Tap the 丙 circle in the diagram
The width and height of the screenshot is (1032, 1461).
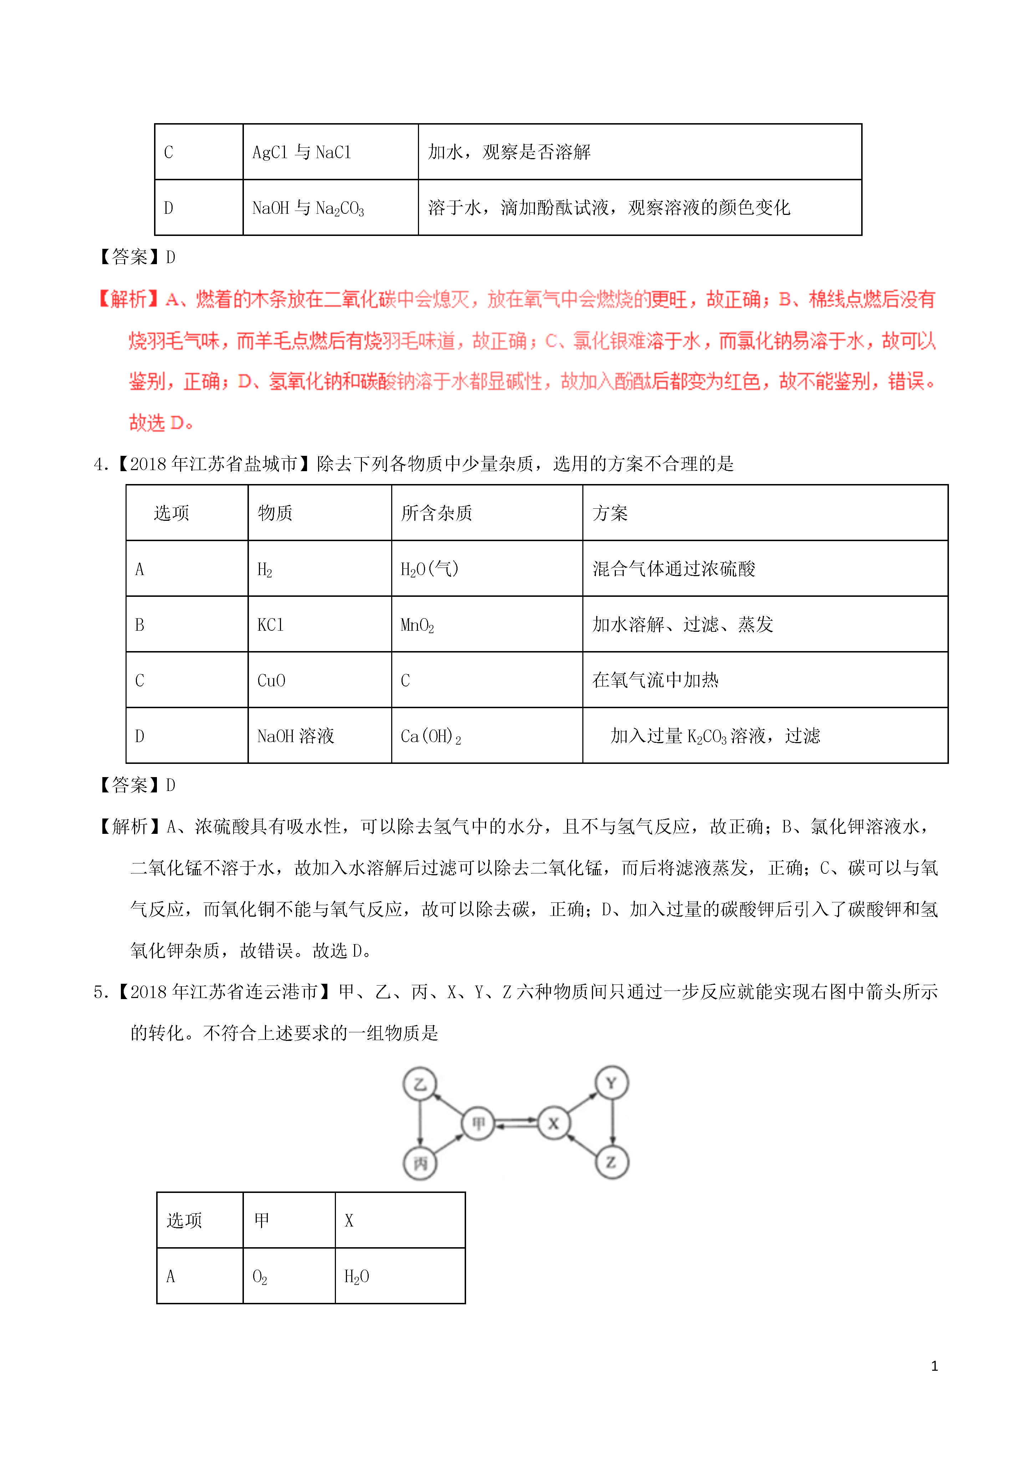(420, 1163)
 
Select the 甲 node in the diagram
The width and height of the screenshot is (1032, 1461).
(478, 1124)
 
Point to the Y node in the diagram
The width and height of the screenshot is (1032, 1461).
(612, 1083)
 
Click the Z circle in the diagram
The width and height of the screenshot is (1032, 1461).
(612, 1163)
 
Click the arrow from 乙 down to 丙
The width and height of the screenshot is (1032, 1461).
(420, 1124)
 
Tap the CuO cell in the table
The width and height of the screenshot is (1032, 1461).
(271, 680)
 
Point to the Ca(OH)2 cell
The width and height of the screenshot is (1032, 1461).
(430, 736)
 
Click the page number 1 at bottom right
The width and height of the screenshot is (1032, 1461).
(934, 1366)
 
